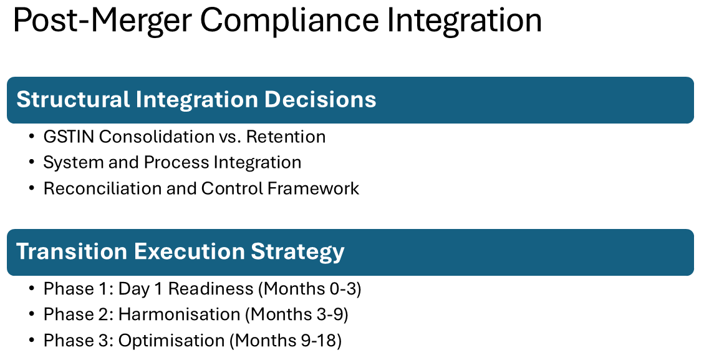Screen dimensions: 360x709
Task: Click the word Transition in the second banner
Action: (73, 251)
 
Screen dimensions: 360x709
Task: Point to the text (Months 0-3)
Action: (309, 289)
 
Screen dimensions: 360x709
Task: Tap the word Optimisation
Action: (171, 341)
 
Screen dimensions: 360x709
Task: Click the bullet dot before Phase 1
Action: (32, 289)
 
